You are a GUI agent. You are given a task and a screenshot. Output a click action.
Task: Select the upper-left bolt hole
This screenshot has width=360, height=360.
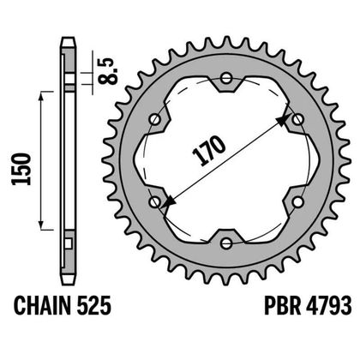click(155, 120)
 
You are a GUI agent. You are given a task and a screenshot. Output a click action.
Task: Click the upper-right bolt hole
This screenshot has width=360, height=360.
click(296, 120)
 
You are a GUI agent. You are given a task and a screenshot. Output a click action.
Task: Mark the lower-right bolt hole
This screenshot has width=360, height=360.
click(296, 201)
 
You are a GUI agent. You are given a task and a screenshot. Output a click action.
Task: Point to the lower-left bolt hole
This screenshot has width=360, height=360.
click(155, 201)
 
